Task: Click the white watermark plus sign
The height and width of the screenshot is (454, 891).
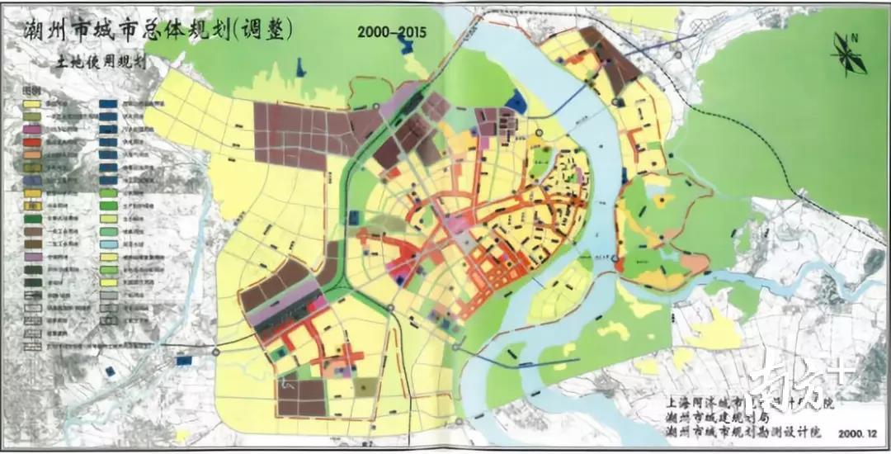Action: click(x=839, y=372)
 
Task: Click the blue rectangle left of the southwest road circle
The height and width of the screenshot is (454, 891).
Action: click(x=184, y=360)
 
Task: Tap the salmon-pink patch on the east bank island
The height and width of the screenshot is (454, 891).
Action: click(x=694, y=263)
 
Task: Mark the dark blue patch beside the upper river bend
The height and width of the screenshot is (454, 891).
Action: click(x=516, y=102)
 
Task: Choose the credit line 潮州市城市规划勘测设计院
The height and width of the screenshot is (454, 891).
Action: click(x=738, y=432)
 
